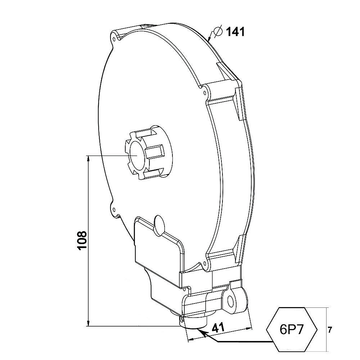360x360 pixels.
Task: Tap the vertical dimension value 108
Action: pos(82,240)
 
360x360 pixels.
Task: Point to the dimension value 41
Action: pos(218,328)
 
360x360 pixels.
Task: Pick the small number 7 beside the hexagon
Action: pos(330,330)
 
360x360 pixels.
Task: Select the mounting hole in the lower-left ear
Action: pos(114,210)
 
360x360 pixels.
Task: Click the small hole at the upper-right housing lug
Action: pos(205,93)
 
